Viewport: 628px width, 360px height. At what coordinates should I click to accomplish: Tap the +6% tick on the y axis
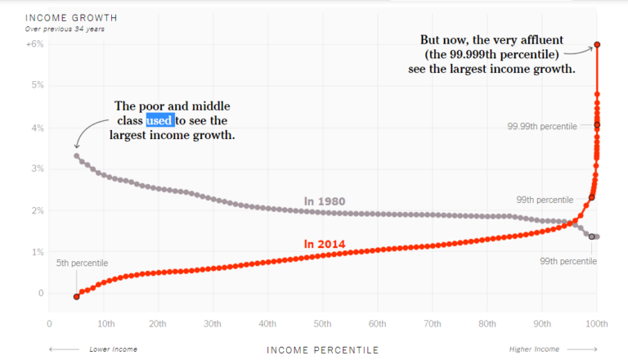(x=34, y=44)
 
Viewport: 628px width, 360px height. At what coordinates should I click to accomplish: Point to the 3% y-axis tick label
(x=38, y=169)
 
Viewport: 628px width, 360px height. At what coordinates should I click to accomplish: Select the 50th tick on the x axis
(x=322, y=324)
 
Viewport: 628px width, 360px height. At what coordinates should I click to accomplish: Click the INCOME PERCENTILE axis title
(x=322, y=349)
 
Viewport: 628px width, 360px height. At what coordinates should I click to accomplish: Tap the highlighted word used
(x=159, y=120)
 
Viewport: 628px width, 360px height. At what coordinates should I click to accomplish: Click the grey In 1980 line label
(x=325, y=200)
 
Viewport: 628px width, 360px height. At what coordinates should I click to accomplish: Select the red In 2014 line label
(x=325, y=243)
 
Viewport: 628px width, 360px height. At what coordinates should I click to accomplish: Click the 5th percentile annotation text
(x=82, y=263)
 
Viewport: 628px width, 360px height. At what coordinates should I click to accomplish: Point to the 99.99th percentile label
(x=541, y=126)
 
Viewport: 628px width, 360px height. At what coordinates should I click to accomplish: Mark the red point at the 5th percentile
(x=76, y=296)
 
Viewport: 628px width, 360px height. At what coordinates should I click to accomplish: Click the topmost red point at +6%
(x=597, y=44)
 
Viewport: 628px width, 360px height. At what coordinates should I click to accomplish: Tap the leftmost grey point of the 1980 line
(x=76, y=155)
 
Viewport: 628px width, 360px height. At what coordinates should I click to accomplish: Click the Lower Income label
(x=113, y=349)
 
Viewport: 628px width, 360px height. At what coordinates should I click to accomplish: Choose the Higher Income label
(x=535, y=349)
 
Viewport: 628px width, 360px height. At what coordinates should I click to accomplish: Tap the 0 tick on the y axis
(x=41, y=293)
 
